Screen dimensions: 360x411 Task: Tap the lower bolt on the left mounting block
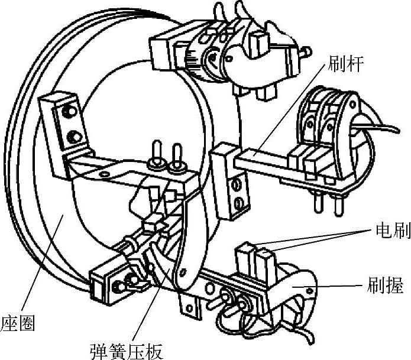pyautogui.click(x=73, y=138)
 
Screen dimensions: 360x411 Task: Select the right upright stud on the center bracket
pyautogui.click(x=176, y=155)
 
